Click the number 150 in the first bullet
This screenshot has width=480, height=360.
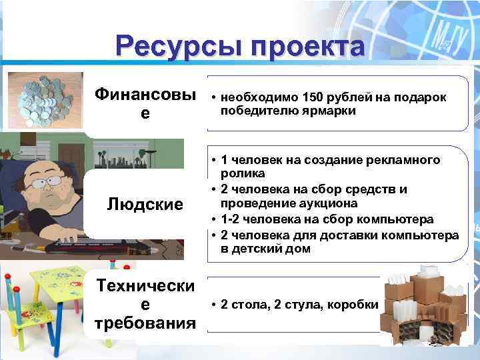pos(312,97)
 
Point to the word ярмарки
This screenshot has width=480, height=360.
pos(327,110)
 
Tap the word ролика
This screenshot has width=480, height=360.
pos(238,173)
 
